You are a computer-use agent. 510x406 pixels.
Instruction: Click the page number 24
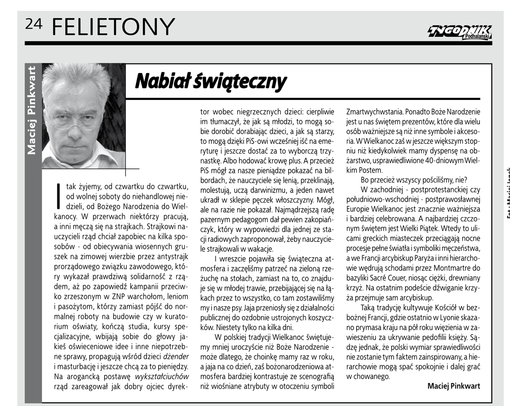34,25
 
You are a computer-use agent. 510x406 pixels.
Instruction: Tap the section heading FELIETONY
113,27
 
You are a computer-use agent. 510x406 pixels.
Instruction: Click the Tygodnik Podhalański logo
459,32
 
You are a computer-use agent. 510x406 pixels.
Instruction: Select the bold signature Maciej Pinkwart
454,386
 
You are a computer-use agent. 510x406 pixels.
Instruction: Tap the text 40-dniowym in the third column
433,160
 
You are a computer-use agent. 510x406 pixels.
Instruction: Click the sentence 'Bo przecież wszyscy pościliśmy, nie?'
414,180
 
